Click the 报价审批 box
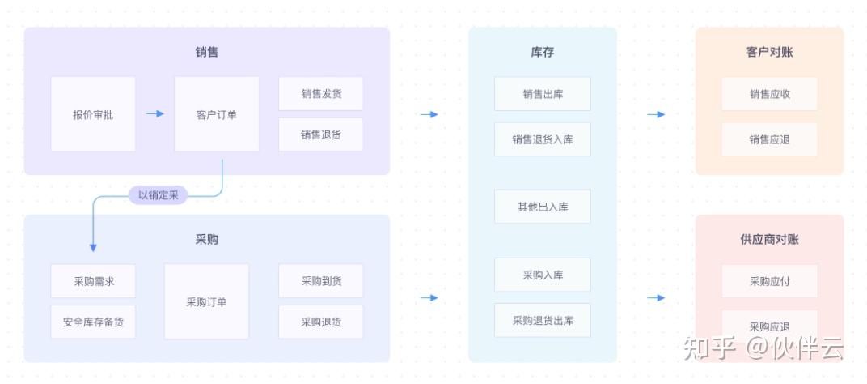click(93, 114)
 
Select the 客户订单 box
click(217, 114)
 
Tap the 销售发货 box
click(321, 94)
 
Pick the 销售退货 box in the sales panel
click(321, 134)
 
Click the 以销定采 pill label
click(158, 194)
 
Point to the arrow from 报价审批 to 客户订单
click(155, 113)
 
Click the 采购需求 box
click(93, 281)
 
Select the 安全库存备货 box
click(93, 322)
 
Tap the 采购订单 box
click(206, 301)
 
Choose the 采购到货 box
click(321, 281)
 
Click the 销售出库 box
click(543, 94)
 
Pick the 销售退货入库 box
click(543, 139)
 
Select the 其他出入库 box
click(543, 207)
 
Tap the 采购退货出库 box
click(543, 320)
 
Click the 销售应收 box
click(769, 94)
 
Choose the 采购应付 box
click(769, 281)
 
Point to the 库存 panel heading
click(543, 52)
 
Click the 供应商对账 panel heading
click(769, 239)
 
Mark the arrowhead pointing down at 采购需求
click(93, 247)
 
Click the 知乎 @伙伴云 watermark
click(763, 348)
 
